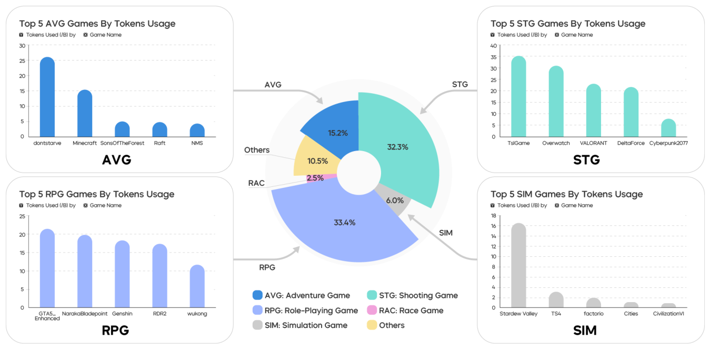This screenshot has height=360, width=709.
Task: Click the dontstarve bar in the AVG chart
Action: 47,97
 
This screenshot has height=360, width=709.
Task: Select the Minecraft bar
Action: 85,114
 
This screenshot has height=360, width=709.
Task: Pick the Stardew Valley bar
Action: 518,266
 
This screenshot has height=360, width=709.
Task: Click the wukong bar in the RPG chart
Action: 197,286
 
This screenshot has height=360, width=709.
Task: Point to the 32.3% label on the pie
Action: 397,147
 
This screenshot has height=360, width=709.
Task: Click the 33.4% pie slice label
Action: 345,223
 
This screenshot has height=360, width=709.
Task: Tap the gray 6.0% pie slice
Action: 394,201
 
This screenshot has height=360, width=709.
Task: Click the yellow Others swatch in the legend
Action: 372,325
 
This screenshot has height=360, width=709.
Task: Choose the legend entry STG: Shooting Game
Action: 418,295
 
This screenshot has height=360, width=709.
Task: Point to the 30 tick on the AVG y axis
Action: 22,46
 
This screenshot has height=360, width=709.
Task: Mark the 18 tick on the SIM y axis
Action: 494,216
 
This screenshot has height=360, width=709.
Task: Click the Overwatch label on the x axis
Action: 556,143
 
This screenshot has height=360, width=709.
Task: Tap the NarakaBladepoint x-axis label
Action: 85,314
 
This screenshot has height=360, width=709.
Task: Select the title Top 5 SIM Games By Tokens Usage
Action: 566,194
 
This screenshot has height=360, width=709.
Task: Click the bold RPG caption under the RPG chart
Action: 115,330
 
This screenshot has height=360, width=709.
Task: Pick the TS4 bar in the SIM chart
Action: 556,300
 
